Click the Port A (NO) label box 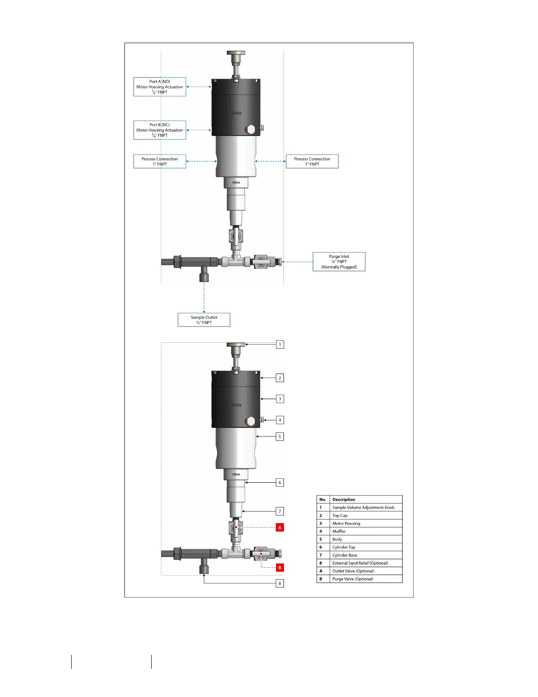tap(160, 87)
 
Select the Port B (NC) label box tap(160, 130)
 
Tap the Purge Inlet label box tap(339, 262)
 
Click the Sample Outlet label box tap(204, 320)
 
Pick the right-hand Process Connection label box tap(312, 161)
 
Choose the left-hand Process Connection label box tap(160, 161)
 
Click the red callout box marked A tap(280, 527)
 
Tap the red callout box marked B tap(280, 568)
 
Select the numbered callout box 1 tap(280, 345)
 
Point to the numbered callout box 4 tap(280, 420)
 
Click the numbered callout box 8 tap(280, 583)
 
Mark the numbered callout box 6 tap(280, 483)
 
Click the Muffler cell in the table tap(366, 532)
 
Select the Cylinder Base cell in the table tap(366, 555)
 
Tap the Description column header tap(366, 500)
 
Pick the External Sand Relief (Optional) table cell tap(366, 563)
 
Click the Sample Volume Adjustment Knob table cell tap(366, 508)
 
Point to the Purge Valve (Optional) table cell tap(366, 579)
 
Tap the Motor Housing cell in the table tap(366, 524)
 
